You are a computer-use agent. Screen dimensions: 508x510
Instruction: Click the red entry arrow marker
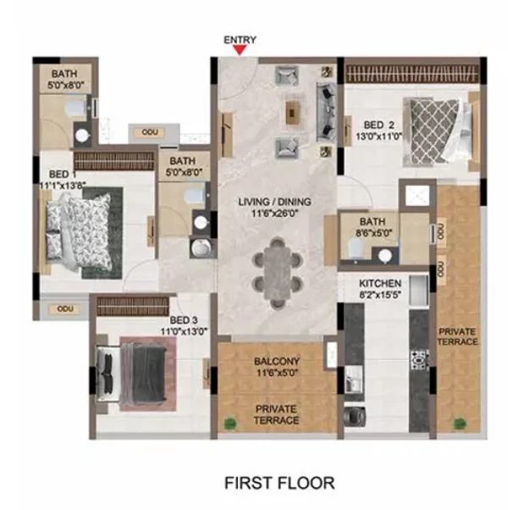[x=240, y=50]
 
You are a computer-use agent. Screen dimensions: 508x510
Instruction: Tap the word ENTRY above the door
[x=240, y=40]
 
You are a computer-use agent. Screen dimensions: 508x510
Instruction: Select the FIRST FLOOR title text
[x=279, y=483]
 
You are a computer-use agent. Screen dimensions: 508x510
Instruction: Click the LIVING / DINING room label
[x=274, y=202]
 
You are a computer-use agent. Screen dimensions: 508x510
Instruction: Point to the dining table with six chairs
[x=277, y=273]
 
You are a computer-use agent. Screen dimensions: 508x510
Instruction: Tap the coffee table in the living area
[x=292, y=113]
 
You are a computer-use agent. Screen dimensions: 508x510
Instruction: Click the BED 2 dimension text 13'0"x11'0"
[x=379, y=136]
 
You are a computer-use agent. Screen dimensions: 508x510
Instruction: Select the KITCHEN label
[x=380, y=283]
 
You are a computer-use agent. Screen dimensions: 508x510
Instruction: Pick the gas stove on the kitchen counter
[x=419, y=360]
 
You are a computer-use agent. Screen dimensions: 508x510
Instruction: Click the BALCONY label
[x=277, y=362]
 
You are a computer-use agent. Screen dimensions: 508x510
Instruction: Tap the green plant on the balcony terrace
[x=229, y=423]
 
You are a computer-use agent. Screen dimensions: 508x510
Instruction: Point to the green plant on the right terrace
[x=460, y=423]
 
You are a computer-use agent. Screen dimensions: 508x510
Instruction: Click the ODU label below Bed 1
[x=65, y=308]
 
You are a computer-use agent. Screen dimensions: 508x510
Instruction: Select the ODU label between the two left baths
[x=150, y=132]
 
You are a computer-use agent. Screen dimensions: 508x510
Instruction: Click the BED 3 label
[x=184, y=320]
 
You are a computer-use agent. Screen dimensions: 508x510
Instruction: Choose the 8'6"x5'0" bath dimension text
[x=374, y=233]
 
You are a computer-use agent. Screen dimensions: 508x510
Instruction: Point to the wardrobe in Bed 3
[x=133, y=306]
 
